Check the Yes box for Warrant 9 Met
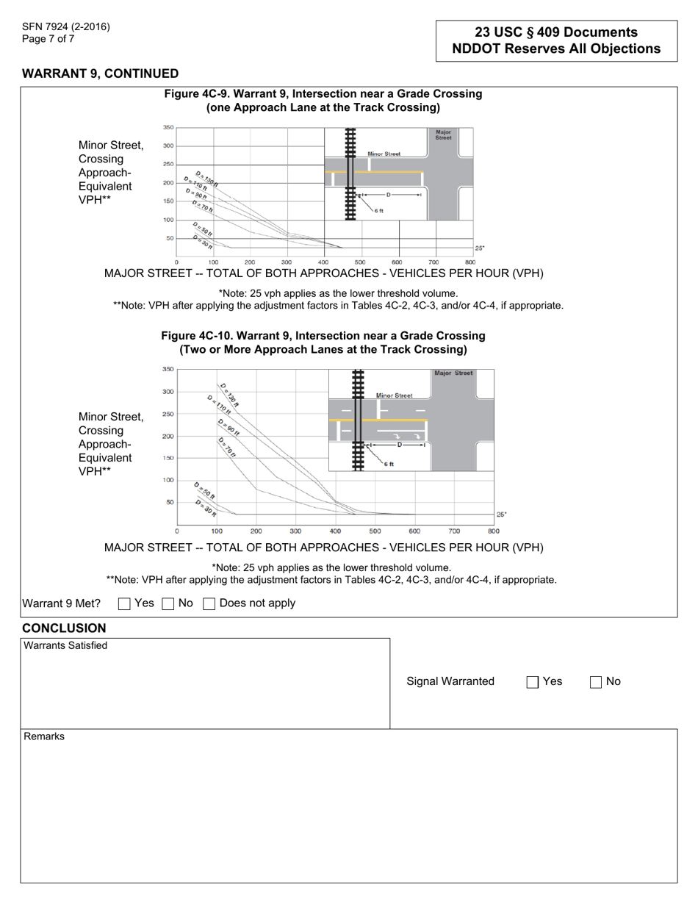[x=124, y=603]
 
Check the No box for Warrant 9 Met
[x=168, y=603]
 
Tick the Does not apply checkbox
[x=209, y=603]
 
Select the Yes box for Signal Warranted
[x=533, y=682]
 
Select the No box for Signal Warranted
[x=596, y=682]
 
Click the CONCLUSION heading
[x=64, y=628]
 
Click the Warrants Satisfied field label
[x=66, y=645]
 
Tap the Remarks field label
[x=44, y=736]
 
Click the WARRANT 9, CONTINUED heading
[x=100, y=73]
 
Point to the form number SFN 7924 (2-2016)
[x=66, y=27]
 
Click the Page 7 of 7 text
[x=48, y=39]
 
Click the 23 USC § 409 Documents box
[x=556, y=40]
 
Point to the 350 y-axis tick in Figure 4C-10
[x=168, y=369]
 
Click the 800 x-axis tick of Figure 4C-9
[x=470, y=262]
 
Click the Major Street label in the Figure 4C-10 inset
[x=453, y=373]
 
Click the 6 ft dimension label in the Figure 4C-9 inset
[x=378, y=211]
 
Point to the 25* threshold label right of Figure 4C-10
[x=501, y=514]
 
